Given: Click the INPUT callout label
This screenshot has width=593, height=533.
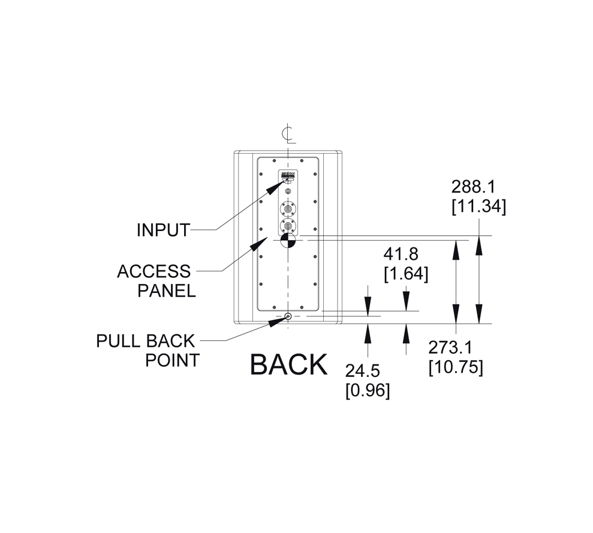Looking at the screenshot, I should pos(163,230).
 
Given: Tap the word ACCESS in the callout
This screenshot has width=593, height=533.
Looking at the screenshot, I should pos(153,271).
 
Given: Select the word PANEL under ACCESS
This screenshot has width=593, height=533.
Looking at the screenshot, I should pos(167,291).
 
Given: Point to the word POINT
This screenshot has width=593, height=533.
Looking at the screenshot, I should pos(173,360).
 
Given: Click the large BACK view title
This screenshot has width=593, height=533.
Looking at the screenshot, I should pos(288,364).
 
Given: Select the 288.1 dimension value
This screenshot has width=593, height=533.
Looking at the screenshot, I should pos(473,186).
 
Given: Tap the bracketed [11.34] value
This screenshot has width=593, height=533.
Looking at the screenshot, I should pos(478,206).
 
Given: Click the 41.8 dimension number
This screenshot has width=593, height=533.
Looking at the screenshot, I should pos(401,255).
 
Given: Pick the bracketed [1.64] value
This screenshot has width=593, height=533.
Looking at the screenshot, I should pos(406,274).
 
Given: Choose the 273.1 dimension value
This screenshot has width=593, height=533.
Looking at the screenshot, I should pos(451,347).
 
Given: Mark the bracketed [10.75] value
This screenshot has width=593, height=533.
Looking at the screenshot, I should pos(456,367).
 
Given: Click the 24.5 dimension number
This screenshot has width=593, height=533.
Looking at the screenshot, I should pos(362,371).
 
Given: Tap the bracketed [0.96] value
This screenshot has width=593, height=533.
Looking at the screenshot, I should pos(368,391).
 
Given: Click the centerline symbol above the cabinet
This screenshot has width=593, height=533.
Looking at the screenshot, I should pos(288,134).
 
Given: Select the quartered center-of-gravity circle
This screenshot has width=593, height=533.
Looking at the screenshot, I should pos(288,241).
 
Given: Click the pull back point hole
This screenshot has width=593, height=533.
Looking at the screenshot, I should pos(288,316).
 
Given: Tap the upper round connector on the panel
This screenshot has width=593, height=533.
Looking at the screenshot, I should pos(288,209).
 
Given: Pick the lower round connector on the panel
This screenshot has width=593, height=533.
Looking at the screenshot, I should pos(288,227).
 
